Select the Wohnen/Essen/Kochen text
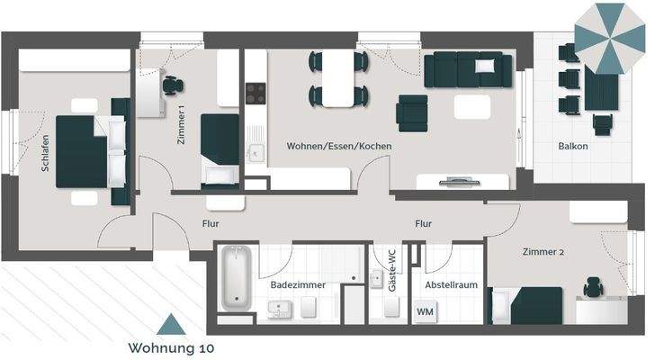[338, 146]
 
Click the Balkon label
[572, 146]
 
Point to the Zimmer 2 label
[543, 253]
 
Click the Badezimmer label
[298, 285]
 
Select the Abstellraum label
[450, 285]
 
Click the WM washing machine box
[424, 311]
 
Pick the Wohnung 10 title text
[171, 346]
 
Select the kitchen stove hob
[256, 92]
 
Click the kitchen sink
[256, 152]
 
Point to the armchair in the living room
[412, 112]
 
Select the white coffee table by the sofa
[473, 106]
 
